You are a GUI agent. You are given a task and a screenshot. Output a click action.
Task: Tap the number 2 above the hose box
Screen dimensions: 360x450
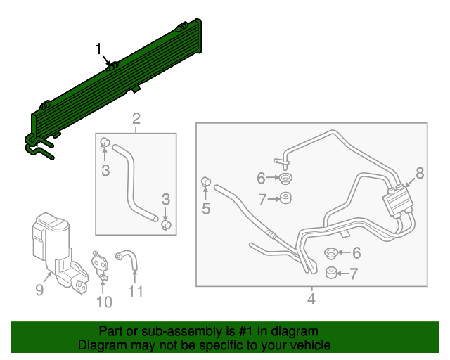[x=136, y=118]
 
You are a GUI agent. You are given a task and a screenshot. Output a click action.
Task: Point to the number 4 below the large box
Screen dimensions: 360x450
[x=311, y=300]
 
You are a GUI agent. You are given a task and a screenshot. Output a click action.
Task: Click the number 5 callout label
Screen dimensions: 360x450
[x=206, y=208]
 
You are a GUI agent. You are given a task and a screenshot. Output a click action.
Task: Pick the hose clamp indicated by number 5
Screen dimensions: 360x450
[x=207, y=183]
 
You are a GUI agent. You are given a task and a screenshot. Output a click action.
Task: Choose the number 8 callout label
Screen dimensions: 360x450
[x=420, y=172]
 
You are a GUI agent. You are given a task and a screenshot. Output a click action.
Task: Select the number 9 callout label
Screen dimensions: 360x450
[x=39, y=290]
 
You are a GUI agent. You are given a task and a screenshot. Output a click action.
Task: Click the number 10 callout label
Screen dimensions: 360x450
[x=104, y=302]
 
